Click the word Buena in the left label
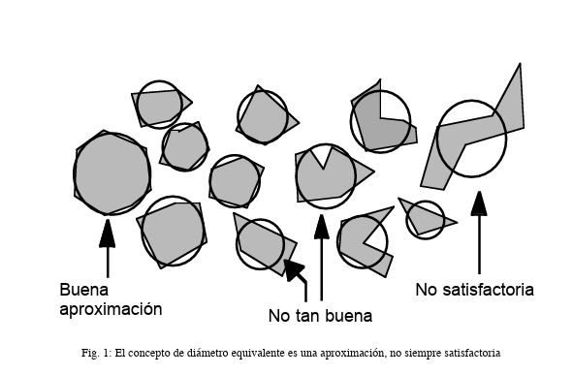click(x=84, y=290)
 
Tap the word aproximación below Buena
click(x=111, y=310)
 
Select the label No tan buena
click(x=320, y=316)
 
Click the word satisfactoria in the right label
click(x=488, y=290)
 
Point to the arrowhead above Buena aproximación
click(x=108, y=234)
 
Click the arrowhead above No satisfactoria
click(x=479, y=203)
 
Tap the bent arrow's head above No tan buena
click(x=293, y=269)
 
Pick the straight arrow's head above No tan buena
click(x=322, y=227)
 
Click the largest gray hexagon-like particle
click(x=112, y=173)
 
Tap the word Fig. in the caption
click(x=90, y=354)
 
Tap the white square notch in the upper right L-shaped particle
click(x=393, y=105)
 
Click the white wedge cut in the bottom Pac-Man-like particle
click(x=375, y=234)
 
